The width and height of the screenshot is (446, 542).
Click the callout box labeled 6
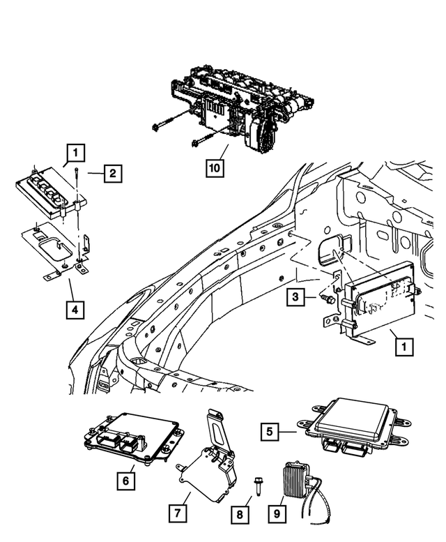click(x=126, y=481)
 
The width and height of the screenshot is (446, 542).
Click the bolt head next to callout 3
click(x=325, y=299)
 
